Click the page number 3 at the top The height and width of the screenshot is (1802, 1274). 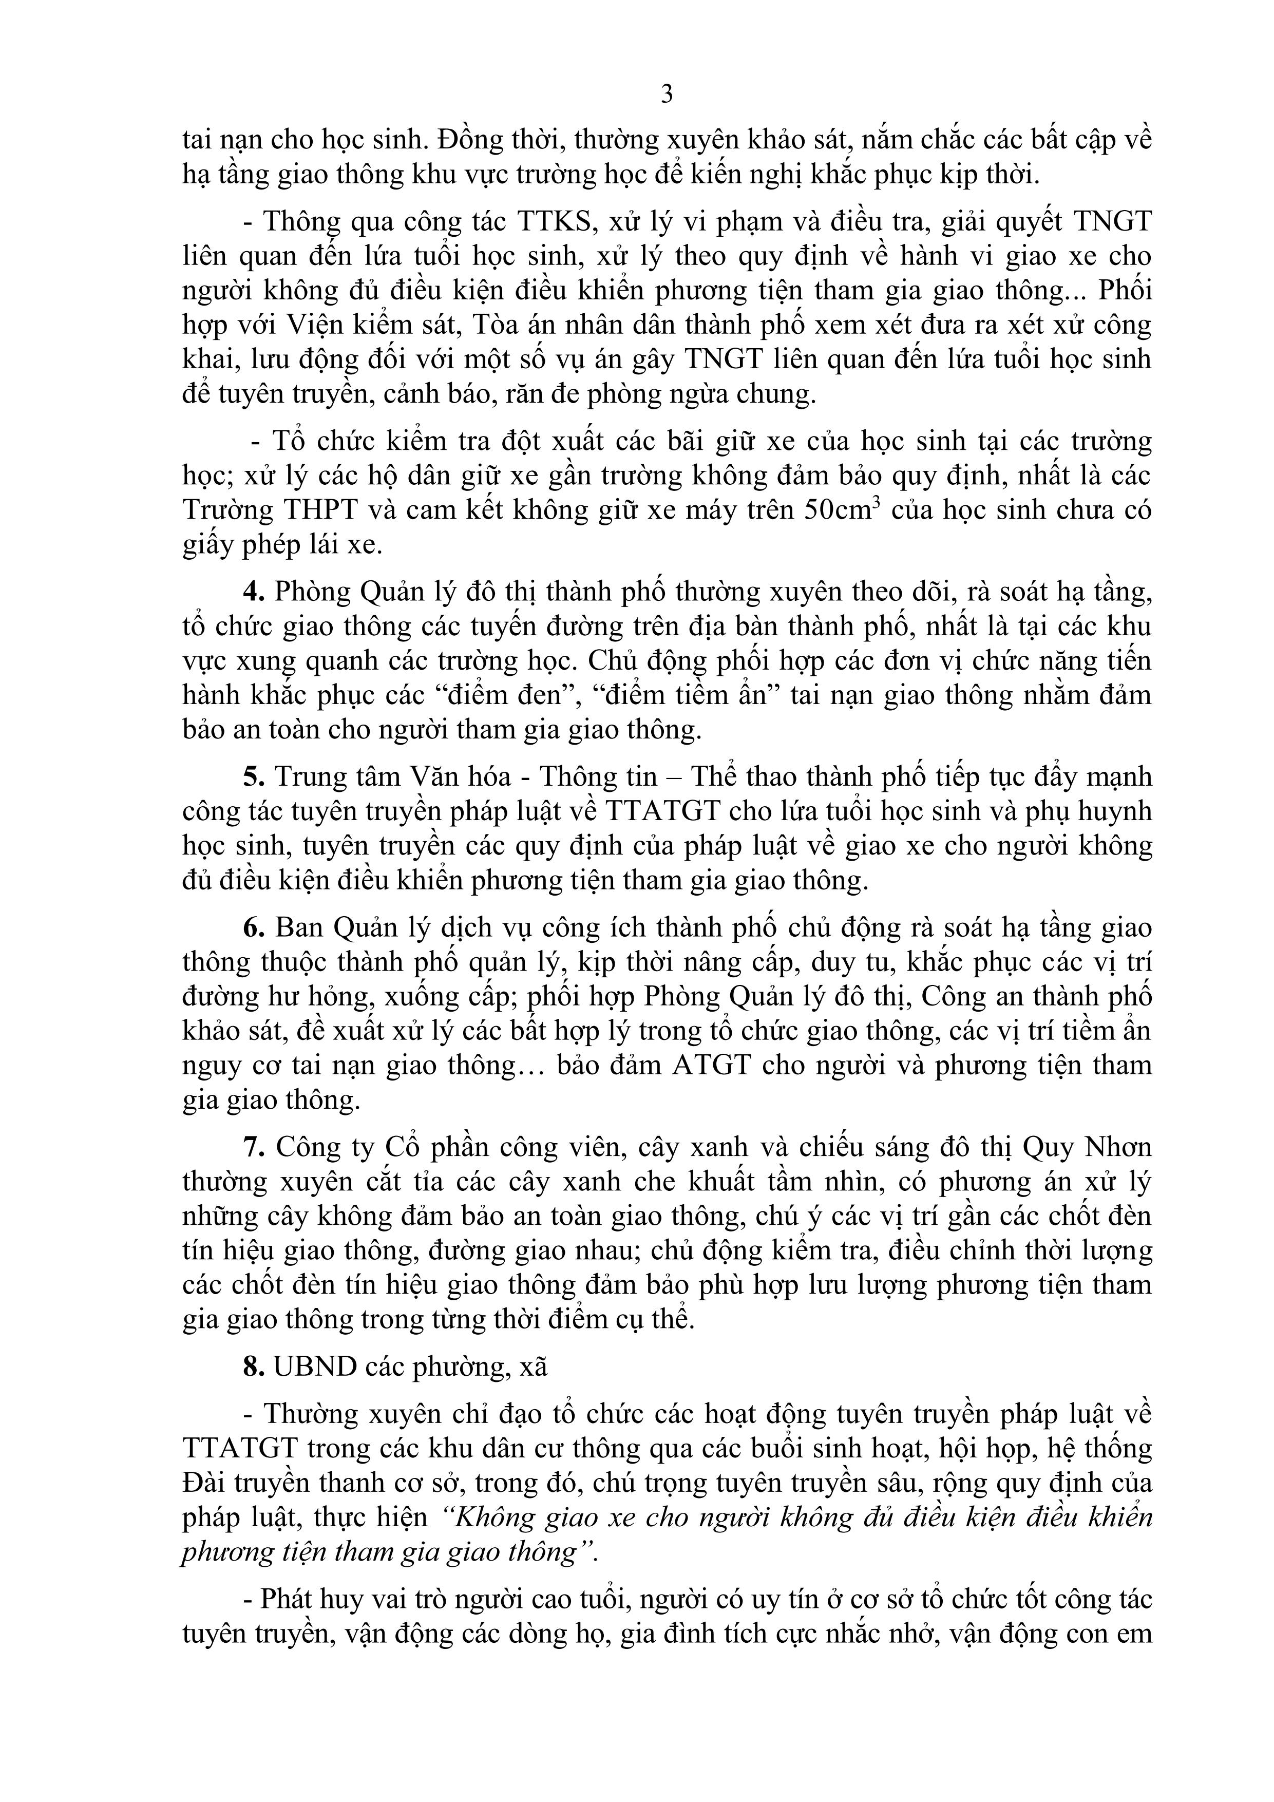point(667,94)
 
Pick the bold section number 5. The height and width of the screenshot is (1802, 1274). point(251,777)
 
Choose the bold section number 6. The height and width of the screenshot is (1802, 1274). point(251,927)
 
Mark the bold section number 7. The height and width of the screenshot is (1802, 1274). point(251,1147)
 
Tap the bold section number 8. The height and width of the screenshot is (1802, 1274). point(251,1367)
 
